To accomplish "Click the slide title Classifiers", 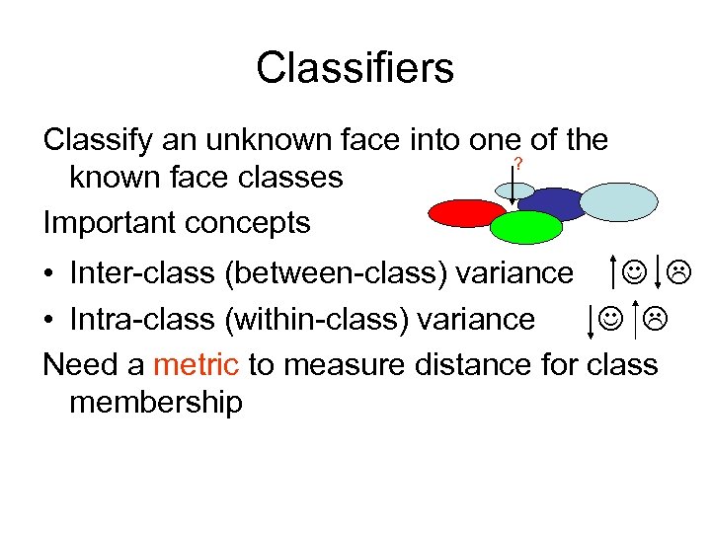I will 355,68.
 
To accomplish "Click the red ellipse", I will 467,212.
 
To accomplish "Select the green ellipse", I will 526,227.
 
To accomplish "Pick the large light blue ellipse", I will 617,200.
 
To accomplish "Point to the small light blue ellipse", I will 514,190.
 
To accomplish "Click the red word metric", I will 196,365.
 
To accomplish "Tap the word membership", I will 156,403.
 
